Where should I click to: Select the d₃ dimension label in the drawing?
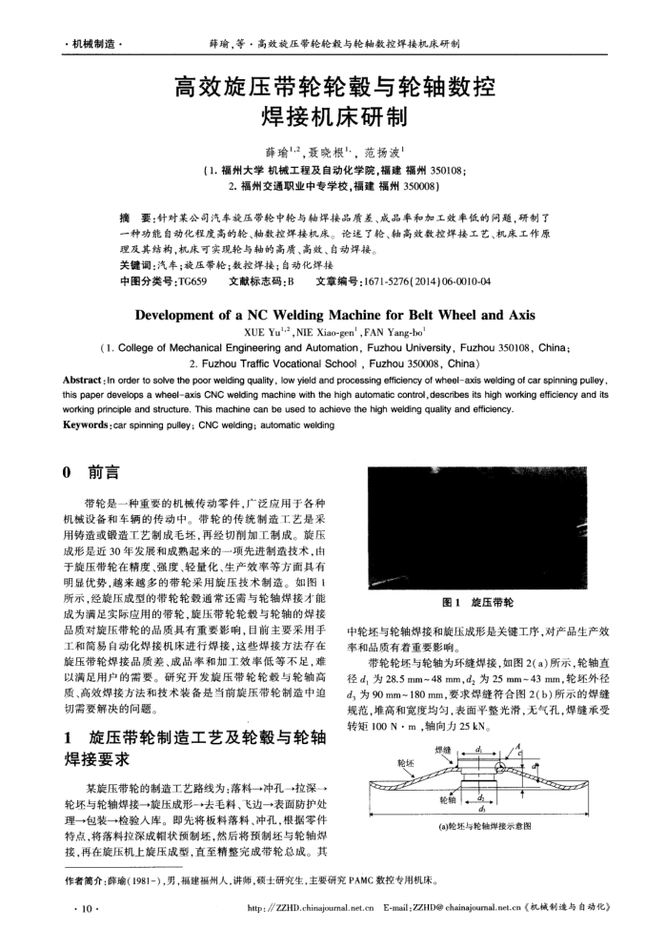click(x=486, y=814)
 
